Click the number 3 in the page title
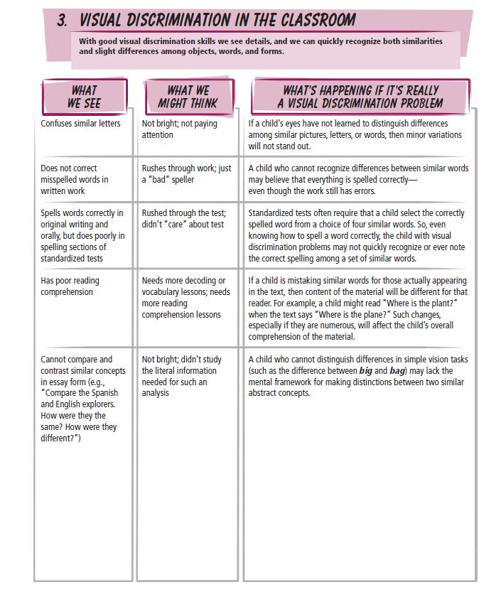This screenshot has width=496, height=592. (x=62, y=21)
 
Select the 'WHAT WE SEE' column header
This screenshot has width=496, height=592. (x=85, y=97)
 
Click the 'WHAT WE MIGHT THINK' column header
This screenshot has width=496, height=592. (x=188, y=97)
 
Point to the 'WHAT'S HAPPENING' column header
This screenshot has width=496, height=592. (x=360, y=97)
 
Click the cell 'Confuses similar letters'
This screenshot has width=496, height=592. (x=80, y=124)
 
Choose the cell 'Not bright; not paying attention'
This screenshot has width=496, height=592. (x=179, y=129)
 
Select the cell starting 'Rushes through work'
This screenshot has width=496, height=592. (x=186, y=174)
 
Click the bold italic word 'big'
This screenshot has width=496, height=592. (x=365, y=371)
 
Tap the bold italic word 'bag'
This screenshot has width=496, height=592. (x=397, y=371)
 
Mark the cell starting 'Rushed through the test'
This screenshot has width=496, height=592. (x=183, y=219)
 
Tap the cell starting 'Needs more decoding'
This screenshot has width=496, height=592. (x=185, y=298)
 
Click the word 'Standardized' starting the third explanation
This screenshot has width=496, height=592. (x=271, y=213)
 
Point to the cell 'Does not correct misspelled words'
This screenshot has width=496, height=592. (x=75, y=180)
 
